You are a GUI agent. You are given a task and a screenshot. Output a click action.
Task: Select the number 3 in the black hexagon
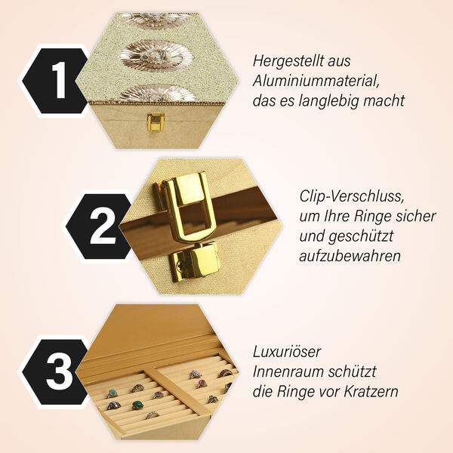(57, 372)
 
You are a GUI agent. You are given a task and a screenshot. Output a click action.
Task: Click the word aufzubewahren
(349, 256)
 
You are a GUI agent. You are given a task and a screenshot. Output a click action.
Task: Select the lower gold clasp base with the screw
(194, 263)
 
